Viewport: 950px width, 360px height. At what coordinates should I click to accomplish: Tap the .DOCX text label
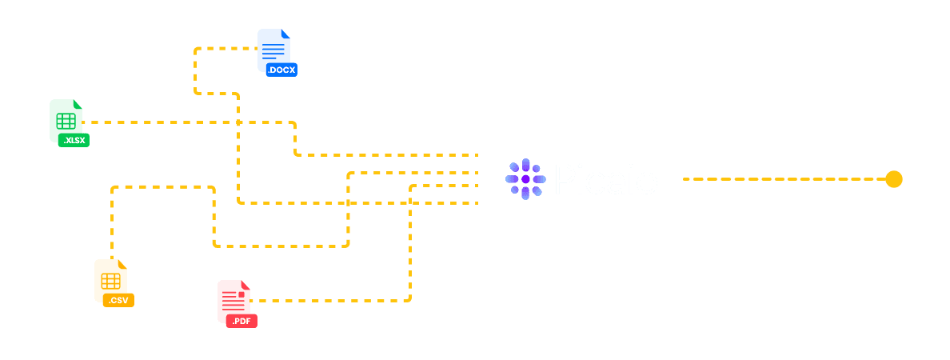(281, 70)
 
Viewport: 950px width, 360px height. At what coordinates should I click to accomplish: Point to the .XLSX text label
(74, 141)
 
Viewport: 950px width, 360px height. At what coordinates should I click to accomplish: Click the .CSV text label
(119, 301)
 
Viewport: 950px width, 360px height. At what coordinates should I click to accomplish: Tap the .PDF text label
(241, 322)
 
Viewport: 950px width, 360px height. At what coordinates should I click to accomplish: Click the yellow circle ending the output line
(894, 179)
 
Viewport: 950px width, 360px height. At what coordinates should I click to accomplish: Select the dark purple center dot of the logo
(525, 179)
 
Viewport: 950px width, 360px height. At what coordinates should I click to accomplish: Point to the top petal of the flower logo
(525, 166)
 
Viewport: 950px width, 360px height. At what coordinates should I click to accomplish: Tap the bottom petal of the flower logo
(525, 193)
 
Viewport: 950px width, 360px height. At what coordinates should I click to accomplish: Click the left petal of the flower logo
(512, 179)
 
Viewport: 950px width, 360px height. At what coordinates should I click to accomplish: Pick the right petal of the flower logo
(539, 179)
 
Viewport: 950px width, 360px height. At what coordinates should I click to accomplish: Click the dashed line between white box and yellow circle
(784, 179)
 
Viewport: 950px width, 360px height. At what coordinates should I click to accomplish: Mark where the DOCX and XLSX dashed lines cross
(238, 122)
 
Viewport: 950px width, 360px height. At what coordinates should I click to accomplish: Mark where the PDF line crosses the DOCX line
(410, 203)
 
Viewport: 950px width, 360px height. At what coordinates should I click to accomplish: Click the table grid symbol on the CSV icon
(110, 280)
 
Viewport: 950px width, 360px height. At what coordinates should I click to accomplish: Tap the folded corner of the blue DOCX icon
(285, 34)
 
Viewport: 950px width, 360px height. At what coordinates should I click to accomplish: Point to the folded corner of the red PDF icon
(245, 286)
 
